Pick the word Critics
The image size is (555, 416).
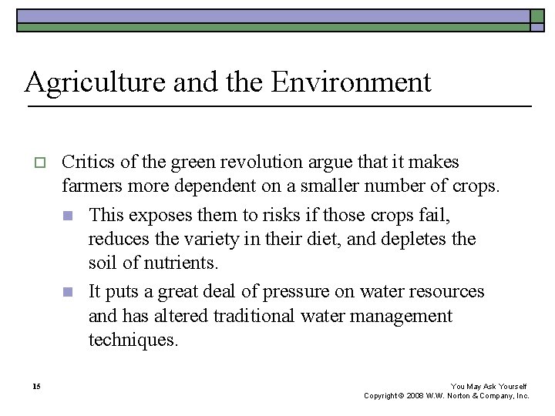pos(86,163)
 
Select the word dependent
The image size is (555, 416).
pos(208,187)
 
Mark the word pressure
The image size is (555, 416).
pos(300,292)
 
